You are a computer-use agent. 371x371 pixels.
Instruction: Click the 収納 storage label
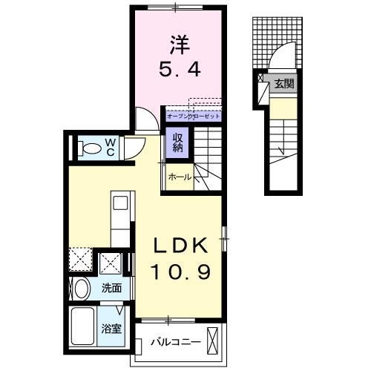pos(179,141)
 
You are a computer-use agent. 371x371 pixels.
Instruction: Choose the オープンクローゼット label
pos(194,116)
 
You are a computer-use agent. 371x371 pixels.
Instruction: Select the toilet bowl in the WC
pos(88,148)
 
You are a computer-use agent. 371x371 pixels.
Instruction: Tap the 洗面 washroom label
pos(113,288)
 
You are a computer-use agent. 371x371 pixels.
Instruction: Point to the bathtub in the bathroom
pos(84,327)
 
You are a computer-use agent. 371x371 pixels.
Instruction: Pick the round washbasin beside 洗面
pos(82,288)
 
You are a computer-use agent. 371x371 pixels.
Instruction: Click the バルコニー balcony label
pos(176,342)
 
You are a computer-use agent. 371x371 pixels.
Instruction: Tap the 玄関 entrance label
pos(284,83)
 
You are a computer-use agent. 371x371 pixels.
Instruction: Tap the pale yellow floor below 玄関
pos(281,109)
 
